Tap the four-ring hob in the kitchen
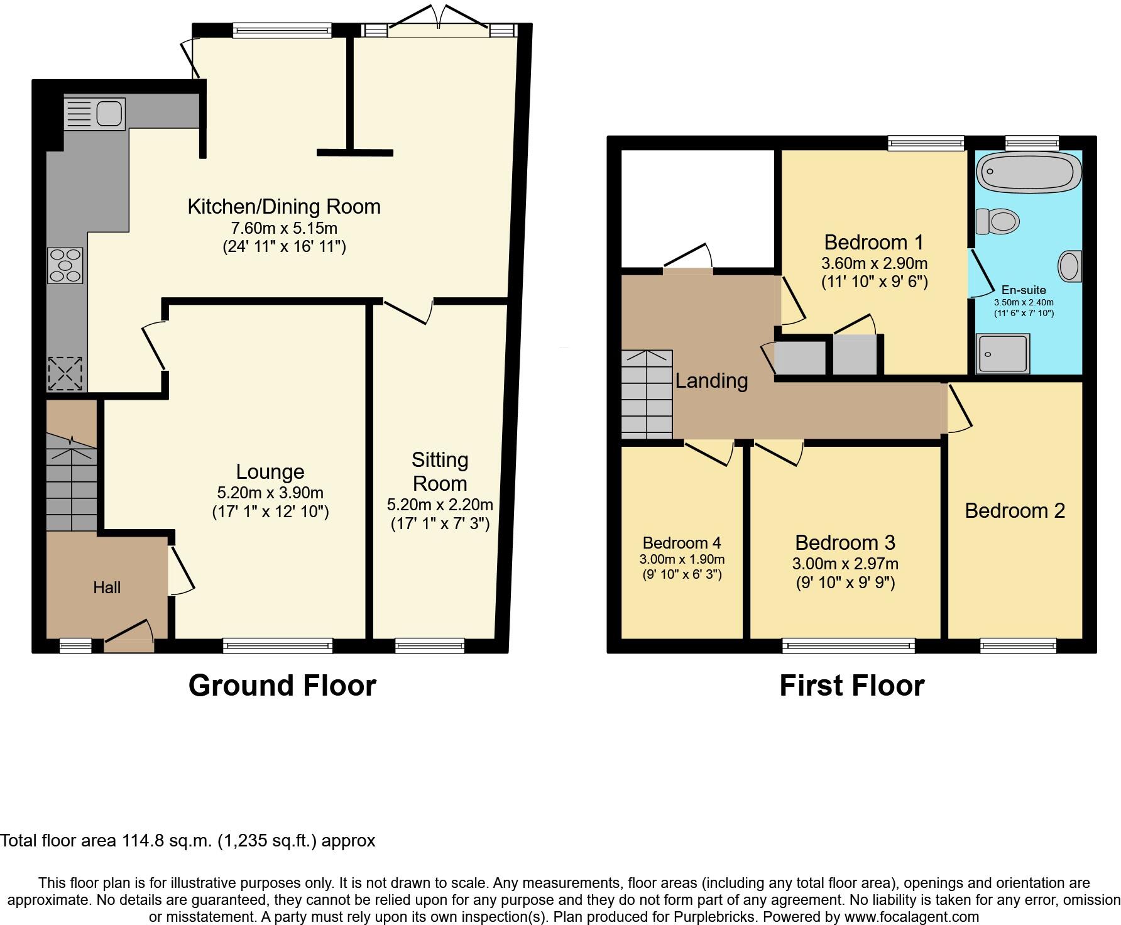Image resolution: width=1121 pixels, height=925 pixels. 65,265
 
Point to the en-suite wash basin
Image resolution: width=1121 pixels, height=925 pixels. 1069,266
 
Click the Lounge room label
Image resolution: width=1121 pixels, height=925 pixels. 270,472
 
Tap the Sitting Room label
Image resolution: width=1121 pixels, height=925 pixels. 440,472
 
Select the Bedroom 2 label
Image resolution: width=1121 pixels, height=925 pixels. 1015,511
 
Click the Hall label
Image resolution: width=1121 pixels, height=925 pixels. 107,588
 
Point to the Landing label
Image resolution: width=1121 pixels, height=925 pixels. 711,381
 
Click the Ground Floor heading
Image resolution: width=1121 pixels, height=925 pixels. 282,686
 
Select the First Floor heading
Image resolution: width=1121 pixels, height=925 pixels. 851,686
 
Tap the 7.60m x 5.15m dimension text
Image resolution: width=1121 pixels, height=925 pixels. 285,227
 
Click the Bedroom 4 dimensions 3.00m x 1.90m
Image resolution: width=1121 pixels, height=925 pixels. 682,559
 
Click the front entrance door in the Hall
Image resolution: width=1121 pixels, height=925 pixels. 129,637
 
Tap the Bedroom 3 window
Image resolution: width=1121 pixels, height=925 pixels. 848,645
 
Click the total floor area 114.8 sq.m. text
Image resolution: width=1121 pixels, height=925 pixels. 188,841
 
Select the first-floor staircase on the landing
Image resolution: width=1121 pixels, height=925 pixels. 647,395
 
